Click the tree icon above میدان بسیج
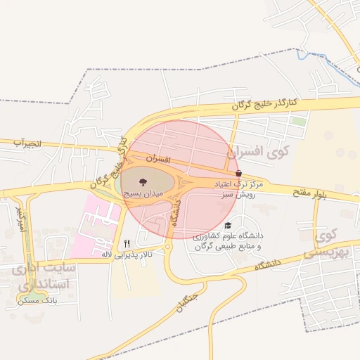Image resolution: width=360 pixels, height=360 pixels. (144, 181)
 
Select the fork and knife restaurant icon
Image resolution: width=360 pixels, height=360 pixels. (127, 243)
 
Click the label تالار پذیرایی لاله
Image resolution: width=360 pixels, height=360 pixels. (129, 253)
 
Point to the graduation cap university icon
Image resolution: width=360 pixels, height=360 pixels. (227, 226)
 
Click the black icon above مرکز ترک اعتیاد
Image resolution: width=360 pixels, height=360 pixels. (238, 173)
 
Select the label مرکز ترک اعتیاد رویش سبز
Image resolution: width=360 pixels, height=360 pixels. (238, 188)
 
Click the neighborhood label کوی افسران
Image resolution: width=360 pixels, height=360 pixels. (255, 151)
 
